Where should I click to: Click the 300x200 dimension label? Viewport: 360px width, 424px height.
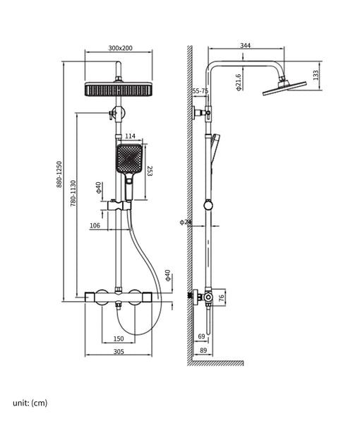tap(120, 48)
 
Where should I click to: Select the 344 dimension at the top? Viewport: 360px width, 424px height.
tap(245, 46)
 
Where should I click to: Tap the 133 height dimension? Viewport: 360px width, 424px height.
tap(316, 73)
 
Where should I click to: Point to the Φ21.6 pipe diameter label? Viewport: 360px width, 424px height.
tap(239, 83)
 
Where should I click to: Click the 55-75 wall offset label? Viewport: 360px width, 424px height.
tap(200, 91)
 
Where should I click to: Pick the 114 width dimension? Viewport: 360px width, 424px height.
tap(130, 136)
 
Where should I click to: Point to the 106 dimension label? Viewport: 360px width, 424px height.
tap(95, 226)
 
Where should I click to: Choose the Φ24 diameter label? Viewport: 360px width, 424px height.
tap(186, 222)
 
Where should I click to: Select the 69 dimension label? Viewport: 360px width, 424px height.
tap(201, 336)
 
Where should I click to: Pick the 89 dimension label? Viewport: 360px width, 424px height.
tap(204, 350)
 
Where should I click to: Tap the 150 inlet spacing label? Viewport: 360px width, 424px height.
tap(119, 338)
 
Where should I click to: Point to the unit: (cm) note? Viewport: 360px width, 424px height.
tap(30, 403)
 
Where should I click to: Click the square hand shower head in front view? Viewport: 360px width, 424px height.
tap(130, 160)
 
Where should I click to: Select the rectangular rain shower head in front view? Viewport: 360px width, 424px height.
tap(119, 91)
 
